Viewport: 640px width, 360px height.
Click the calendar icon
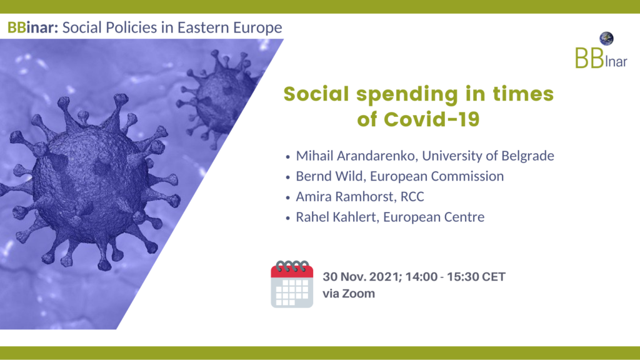click(292, 284)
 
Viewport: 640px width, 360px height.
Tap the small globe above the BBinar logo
click(606, 38)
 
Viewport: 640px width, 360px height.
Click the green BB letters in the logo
click(589, 58)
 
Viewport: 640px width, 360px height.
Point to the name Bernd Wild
click(329, 176)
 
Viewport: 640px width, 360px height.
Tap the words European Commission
click(437, 176)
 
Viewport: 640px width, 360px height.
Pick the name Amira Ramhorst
click(345, 196)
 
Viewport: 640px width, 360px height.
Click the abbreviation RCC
click(412, 196)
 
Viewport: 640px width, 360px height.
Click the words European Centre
click(434, 217)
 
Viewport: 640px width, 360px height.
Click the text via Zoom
click(349, 294)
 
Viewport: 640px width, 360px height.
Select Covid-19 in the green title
click(432, 119)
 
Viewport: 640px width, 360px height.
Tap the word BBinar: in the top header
click(33, 27)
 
